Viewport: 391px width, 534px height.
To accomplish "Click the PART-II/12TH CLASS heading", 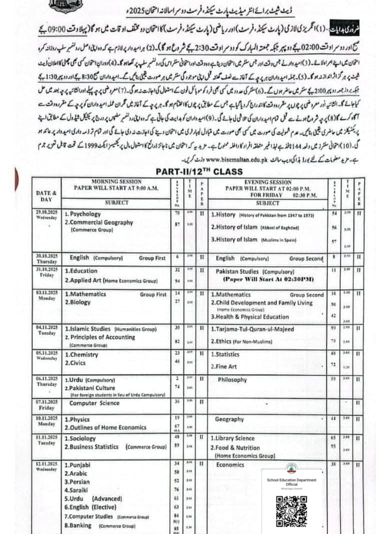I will click(198, 172).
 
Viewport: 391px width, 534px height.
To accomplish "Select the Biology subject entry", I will click(77, 302).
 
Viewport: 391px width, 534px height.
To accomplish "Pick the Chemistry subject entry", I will click(81, 355).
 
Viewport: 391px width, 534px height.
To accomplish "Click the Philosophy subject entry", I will click(232, 380).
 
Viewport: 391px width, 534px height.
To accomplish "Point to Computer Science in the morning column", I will click(94, 403).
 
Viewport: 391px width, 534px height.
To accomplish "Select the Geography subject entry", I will click(229, 419).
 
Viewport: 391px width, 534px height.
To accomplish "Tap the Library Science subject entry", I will click(234, 438).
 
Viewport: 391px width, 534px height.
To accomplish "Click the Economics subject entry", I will click(230, 464).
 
